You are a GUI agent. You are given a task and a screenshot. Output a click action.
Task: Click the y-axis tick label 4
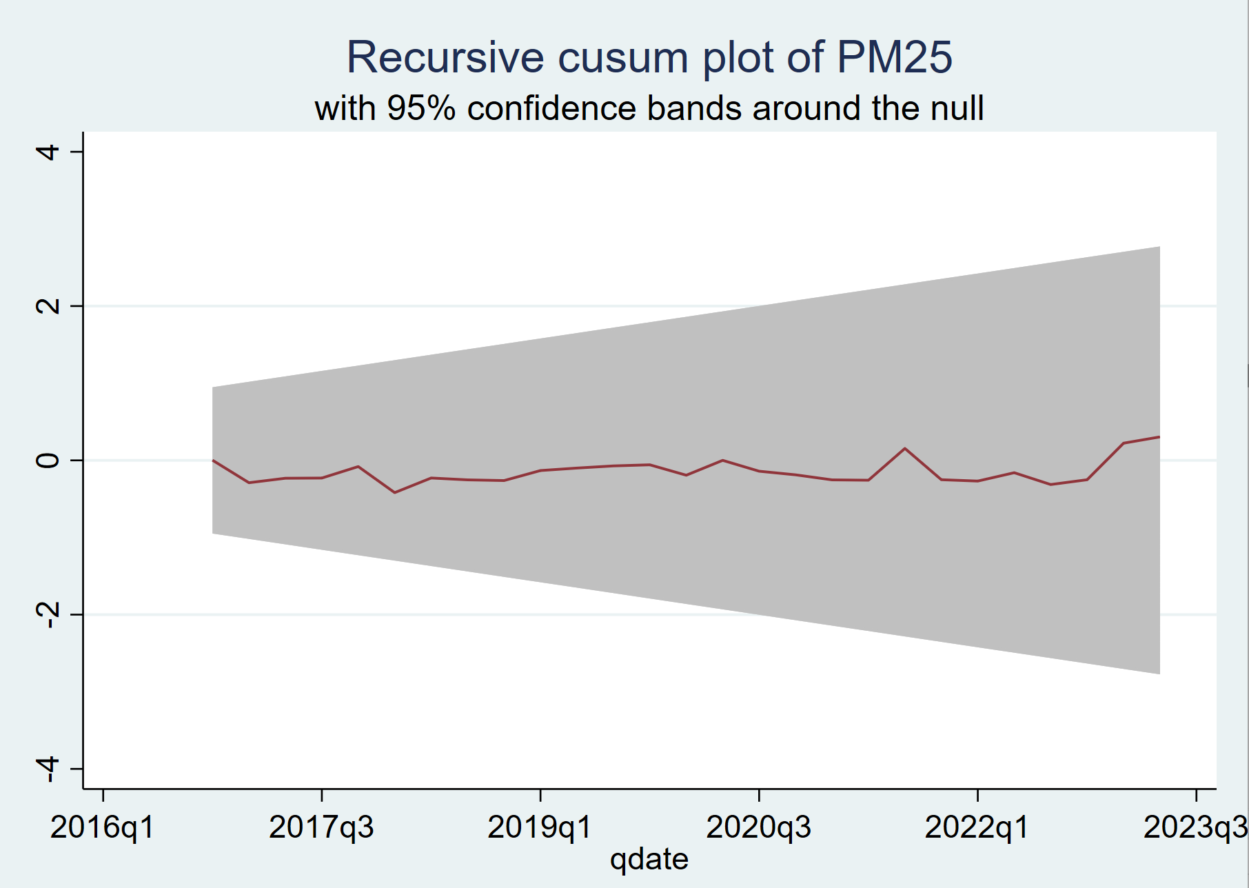pyautogui.click(x=48, y=151)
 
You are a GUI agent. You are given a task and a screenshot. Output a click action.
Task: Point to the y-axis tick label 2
pyautogui.click(x=48, y=305)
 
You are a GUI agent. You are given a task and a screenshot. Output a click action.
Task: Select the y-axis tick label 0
pyautogui.click(x=48, y=460)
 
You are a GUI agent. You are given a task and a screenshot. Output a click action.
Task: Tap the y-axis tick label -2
pyautogui.click(x=48, y=614)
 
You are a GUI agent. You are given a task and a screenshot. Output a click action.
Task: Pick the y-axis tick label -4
pyautogui.click(x=48, y=769)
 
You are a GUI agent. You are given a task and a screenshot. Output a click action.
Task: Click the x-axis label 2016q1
pyautogui.click(x=103, y=827)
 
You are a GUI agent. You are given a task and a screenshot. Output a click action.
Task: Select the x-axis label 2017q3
pyautogui.click(x=321, y=827)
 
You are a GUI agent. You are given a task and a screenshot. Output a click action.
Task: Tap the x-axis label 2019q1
pyautogui.click(x=540, y=827)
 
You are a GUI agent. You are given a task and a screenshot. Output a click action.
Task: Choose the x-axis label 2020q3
pyautogui.click(x=758, y=827)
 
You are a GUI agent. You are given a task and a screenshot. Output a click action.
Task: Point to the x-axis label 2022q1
pyautogui.click(x=977, y=827)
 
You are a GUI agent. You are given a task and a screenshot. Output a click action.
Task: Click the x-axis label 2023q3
pyautogui.click(x=1195, y=827)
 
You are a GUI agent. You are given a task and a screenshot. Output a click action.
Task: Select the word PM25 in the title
pyautogui.click(x=895, y=57)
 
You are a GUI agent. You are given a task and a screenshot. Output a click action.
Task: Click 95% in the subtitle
pyautogui.click(x=421, y=108)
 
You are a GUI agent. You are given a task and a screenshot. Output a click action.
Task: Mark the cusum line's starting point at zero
pyautogui.click(x=213, y=460)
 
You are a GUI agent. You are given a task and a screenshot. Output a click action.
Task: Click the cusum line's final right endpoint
pyautogui.click(x=1159, y=436)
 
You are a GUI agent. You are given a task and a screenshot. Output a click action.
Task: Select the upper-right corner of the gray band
pyautogui.click(x=1159, y=247)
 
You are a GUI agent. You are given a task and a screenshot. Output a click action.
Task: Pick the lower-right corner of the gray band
pyautogui.click(x=1159, y=674)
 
